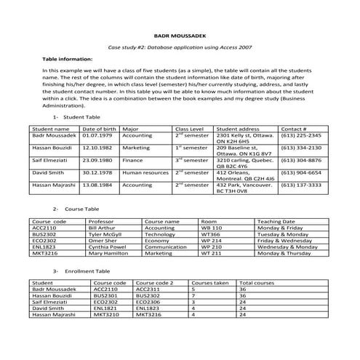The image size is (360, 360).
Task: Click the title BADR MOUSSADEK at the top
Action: pos(179,34)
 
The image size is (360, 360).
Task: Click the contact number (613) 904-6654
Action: pos(300,172)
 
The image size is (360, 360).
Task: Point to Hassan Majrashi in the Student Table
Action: pos(55,185)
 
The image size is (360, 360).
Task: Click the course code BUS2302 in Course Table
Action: pos(45,234)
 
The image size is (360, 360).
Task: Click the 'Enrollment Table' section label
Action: pos(86,271)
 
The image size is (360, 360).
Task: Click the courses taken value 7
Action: pos(193,295)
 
